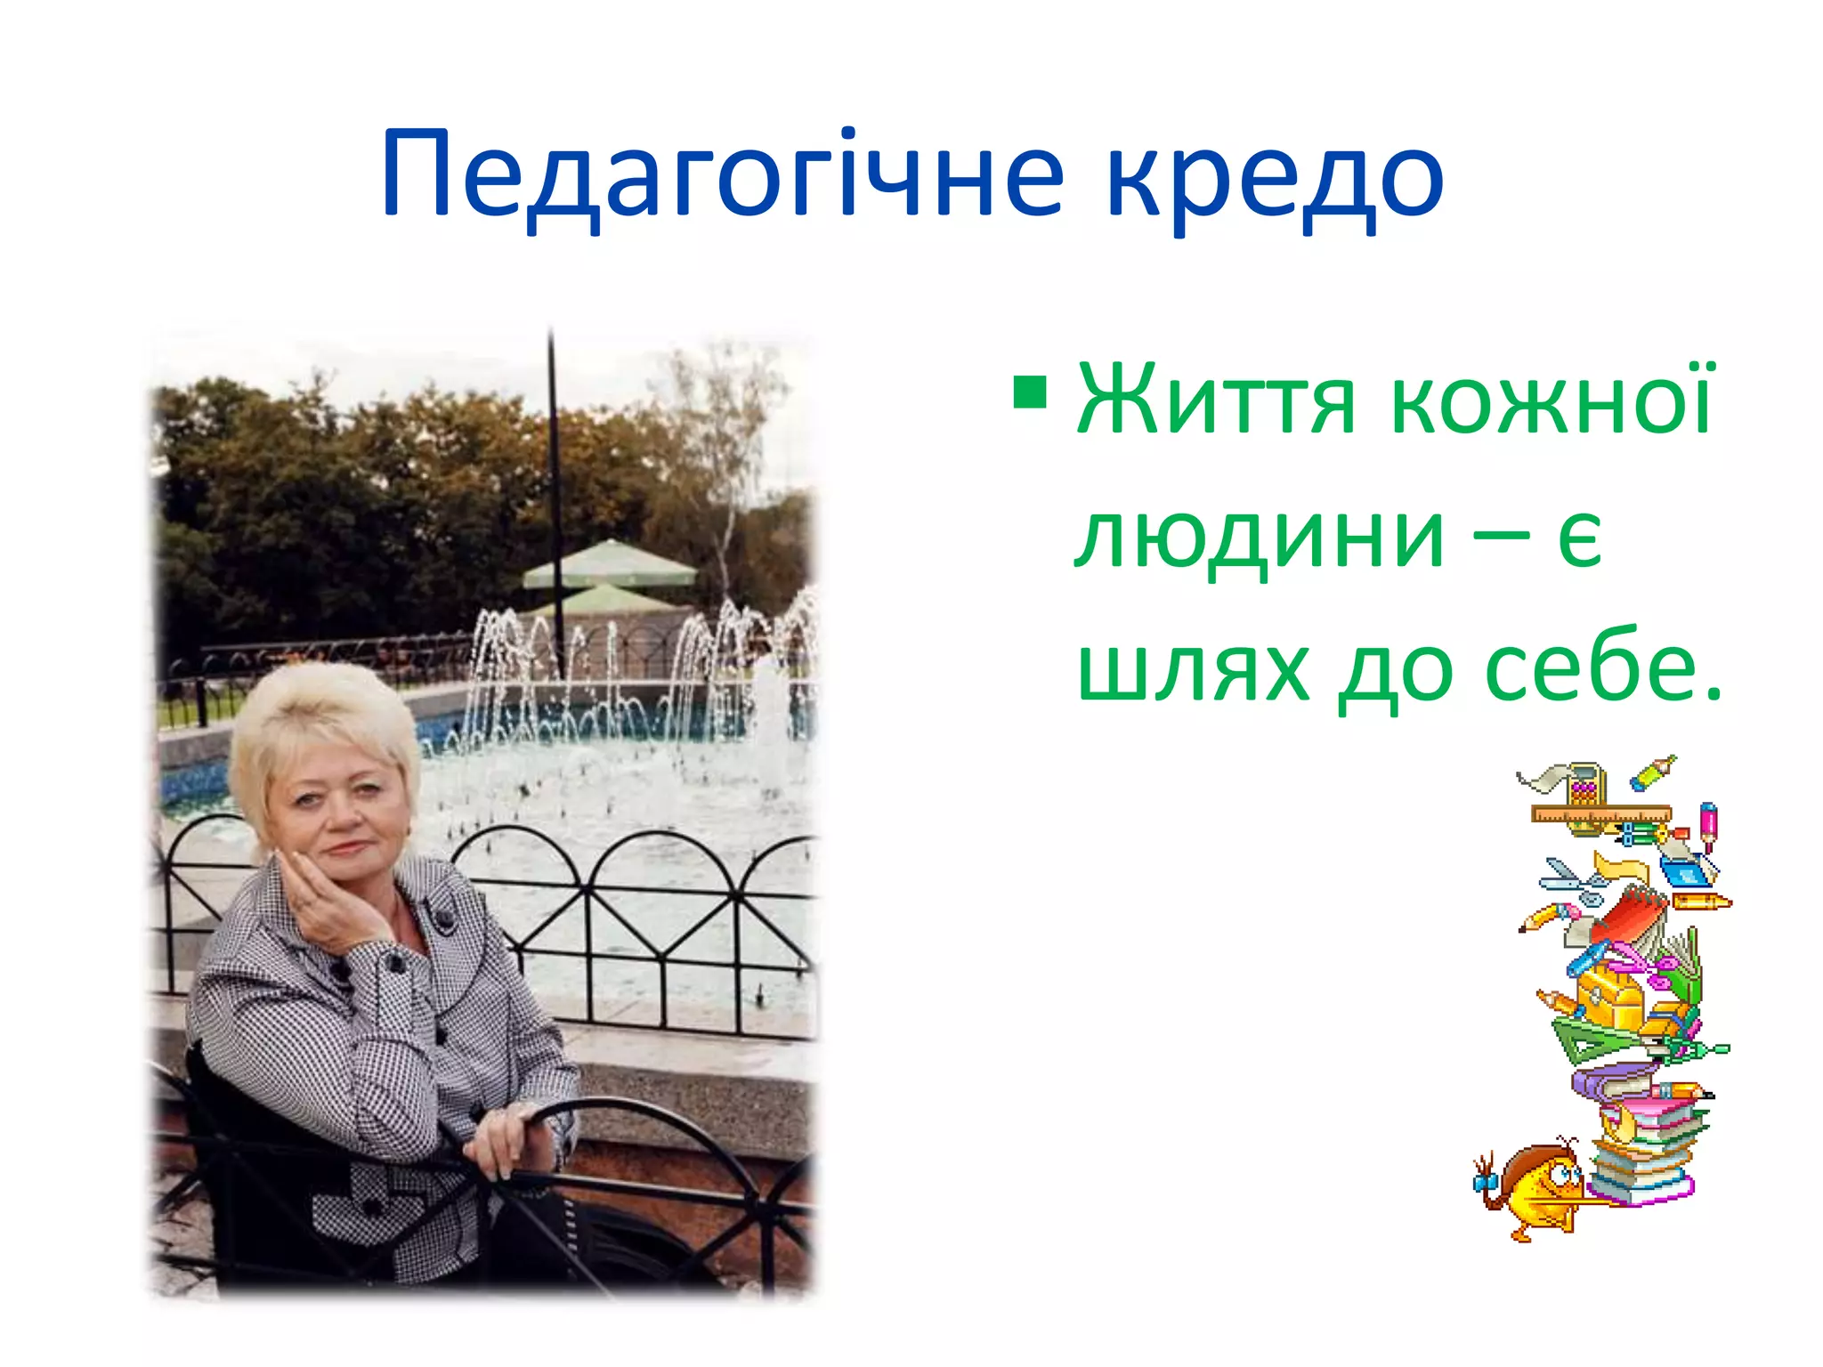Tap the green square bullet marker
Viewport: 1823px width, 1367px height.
tap(1030, 392)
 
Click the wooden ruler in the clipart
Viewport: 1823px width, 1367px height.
tap(1600, 813)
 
